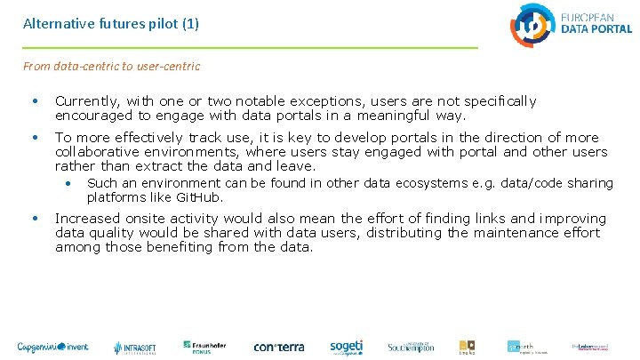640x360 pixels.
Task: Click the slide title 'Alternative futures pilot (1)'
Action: pos(111,24)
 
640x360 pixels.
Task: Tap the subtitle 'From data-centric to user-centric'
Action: pos(111,66)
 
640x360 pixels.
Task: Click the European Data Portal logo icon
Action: pos(532,24)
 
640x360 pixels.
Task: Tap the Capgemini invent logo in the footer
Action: pos(52,347)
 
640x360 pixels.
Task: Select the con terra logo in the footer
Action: pos(279,347)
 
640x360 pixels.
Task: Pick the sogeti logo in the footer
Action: pos(346,347)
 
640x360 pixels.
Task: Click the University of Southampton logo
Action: pos(410,347)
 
